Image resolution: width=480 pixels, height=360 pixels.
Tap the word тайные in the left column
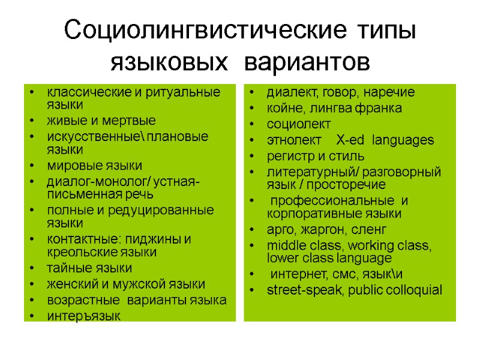[65, 268]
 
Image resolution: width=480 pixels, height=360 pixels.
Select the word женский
[71, 284]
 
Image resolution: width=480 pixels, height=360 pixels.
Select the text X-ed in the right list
[351, 140]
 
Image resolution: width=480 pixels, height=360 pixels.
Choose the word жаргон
[319, 229]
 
